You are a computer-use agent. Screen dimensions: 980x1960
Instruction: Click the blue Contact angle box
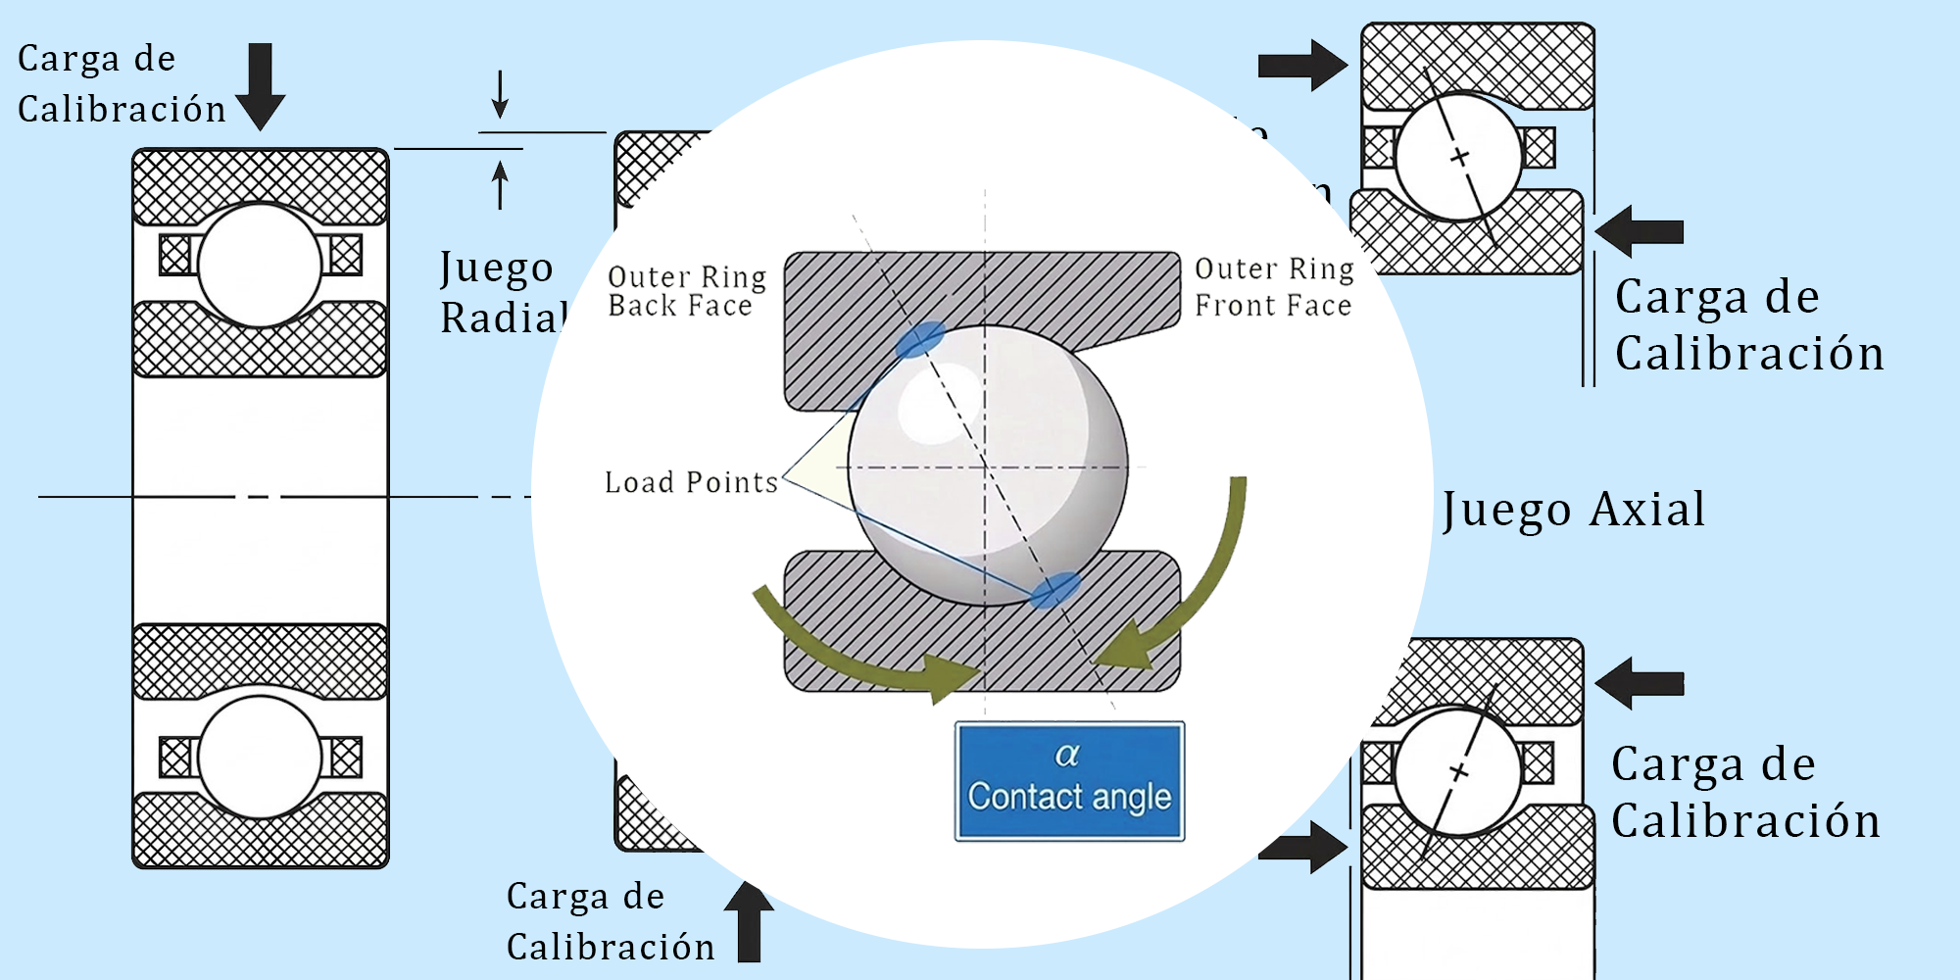point(1069,781)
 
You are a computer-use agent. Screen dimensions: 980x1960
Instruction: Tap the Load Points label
point(691,482)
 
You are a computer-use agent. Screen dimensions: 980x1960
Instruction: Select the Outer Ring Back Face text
point(686,291)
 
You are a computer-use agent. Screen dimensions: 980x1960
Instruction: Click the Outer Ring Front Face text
point(1273,287)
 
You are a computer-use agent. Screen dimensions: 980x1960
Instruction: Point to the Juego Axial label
point(1573,510)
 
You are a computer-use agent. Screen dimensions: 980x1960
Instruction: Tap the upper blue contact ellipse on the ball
point(920,339)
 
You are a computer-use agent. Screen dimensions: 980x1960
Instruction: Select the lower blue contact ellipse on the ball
point(1055,590)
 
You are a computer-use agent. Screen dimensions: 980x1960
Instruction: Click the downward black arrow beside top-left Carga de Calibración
point(260,86)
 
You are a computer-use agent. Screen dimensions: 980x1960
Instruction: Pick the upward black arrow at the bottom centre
point(749,921)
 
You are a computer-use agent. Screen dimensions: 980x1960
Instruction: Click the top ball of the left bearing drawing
point(260,266)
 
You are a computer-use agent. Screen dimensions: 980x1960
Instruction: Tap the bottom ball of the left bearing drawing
point(260,758)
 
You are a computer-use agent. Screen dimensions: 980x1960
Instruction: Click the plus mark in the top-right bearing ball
point(1460,157)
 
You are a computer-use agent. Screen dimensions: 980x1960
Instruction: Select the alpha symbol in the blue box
point(1067,755)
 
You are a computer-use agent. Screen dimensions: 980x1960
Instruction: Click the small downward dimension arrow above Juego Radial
point(500,95)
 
